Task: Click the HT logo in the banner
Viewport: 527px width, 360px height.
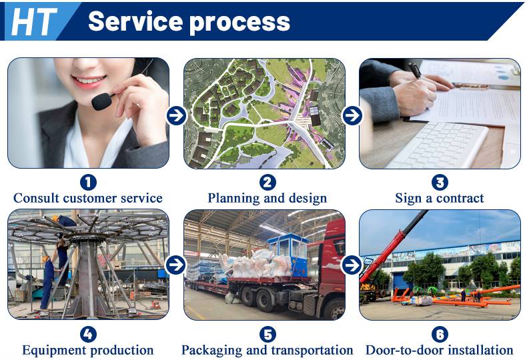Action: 33,21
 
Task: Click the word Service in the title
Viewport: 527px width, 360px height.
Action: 135,21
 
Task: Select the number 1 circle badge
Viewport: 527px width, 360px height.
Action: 88,183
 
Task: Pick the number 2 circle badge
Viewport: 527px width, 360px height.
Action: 268,183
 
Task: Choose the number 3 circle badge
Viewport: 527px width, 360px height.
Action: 440,183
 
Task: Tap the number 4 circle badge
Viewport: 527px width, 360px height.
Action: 88,334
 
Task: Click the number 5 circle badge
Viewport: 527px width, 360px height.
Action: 268,334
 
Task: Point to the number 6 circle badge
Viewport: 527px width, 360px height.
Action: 440,334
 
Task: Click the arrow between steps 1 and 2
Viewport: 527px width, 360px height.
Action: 176,115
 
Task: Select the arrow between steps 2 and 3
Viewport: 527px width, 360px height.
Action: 352,115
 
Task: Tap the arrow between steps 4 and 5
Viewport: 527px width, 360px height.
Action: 175,265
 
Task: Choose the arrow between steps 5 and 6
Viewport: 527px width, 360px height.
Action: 352,265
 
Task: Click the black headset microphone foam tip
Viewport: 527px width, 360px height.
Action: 101,101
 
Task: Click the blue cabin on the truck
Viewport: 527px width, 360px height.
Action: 288,253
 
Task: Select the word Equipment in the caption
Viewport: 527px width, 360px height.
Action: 54,351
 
